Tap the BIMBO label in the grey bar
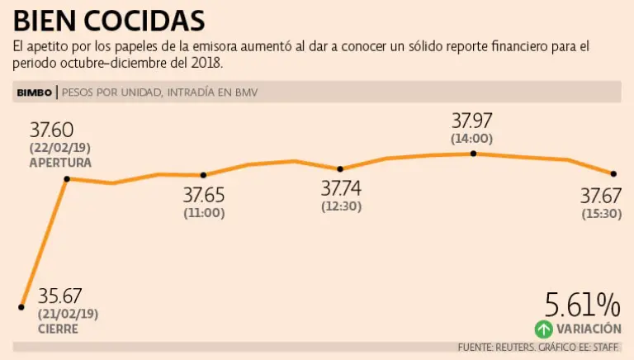tap(35, 92)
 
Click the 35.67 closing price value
tap(60, 296)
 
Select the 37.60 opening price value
tap(52, 130)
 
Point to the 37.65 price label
tap(204, 196)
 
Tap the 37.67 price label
tap(600, 196)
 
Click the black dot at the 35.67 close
tap(21, 307)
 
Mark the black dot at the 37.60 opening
tap(67, 178)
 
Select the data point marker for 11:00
tap(204, 174)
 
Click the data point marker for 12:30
tap(341, 168)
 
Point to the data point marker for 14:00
tap(473, 154)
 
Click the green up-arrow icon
tap(543, 329)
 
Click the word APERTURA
tap(60, 163)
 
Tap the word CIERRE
tap(59, 329)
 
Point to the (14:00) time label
tap(471, 139)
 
